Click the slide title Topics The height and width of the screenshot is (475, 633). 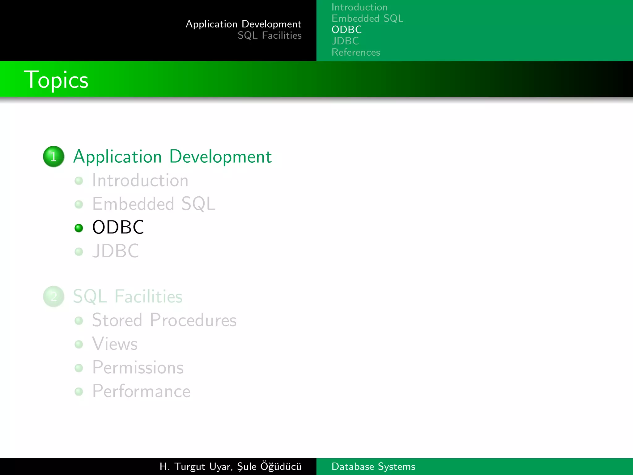pos(56,80)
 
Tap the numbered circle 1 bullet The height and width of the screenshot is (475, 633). pos(53,156)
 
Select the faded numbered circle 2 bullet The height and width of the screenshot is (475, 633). pos(53,297)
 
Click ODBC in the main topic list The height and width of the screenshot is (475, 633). pos(118,227)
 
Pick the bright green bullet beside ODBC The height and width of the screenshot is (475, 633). pos(79,228)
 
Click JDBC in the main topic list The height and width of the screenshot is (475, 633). pos(116,251)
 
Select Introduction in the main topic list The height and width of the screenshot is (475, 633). pos(140,180)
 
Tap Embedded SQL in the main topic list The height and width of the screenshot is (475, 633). pos(154,204)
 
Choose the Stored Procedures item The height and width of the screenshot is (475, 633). pos(164,320)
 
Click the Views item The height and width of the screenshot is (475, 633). pos(115,344)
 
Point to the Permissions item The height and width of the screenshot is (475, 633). pos(138,367)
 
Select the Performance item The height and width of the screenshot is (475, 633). pos(141,391)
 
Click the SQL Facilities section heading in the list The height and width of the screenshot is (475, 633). pos(128,297)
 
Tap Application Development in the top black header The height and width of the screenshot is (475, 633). pos(244,24)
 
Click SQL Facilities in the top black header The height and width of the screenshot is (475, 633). pos(270,36)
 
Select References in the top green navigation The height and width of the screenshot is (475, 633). pos(356,52)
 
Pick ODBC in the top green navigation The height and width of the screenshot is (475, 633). pos(346,30)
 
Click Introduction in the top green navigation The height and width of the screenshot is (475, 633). pos(359,7)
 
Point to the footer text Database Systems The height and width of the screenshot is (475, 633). pos(373,466)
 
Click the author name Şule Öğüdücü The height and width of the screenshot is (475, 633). pos(269,466)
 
